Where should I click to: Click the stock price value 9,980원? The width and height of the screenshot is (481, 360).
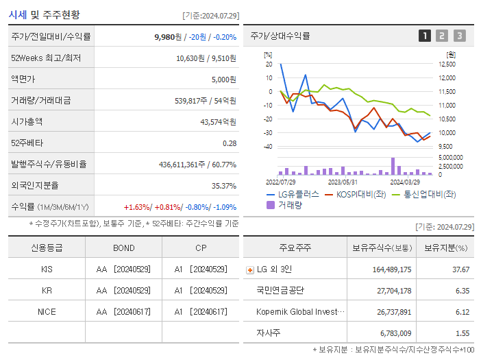click(169, 37)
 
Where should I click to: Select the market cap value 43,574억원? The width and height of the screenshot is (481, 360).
click(218, 122)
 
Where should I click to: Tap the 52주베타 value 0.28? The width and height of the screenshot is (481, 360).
click(230, 143)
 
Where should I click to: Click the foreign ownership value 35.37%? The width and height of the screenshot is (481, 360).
click(224, 186)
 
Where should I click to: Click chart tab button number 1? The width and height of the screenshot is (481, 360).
click(425, 36)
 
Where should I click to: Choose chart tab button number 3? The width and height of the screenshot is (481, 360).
click(459, 36)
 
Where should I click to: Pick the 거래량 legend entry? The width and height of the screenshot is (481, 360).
click(289, 204)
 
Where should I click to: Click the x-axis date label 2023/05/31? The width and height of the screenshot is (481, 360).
click(343, 182)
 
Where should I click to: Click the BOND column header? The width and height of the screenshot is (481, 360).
click(123, 248)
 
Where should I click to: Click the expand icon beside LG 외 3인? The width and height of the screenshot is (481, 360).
click(249, 269)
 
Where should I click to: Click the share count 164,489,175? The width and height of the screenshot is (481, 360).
click(391, 269)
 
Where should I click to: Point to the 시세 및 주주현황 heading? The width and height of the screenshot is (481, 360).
click(44, 14)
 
